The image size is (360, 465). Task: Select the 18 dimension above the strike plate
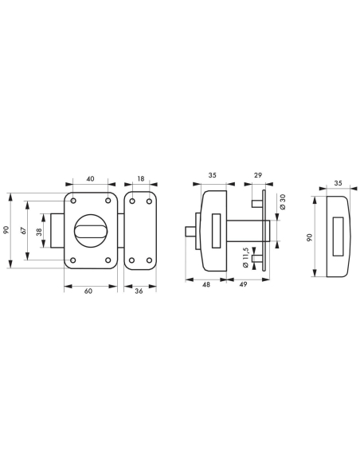point(142,180)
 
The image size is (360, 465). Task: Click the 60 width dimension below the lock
point(89,291)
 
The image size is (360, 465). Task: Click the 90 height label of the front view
point(6,229)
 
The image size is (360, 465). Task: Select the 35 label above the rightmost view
point(338,182)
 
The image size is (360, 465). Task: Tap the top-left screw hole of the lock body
point(73,199)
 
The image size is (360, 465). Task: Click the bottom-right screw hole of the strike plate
point(148,259)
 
